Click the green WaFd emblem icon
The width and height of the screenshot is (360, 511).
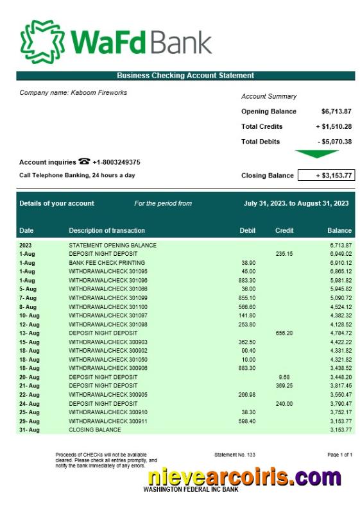(x=42, y=39)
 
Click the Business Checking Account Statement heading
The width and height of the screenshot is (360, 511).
(x=185, y=76)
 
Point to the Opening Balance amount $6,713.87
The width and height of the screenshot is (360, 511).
(x=336, y=112)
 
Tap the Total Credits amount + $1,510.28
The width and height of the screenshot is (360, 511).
(x=333, y=127)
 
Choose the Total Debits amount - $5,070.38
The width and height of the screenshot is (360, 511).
(x=334, y=142)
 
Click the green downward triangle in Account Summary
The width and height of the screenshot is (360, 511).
(x=316, y=154)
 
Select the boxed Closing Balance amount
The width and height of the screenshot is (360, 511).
(x=325, y=175)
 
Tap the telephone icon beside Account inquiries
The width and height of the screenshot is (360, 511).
(x=84, y=162)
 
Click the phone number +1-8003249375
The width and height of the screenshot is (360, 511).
(x=116, y=163)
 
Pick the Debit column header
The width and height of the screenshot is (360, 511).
(x=247, y=231)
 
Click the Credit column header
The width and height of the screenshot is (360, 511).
(x=284, y=231)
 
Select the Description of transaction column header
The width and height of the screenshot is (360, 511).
(x=107, y=231)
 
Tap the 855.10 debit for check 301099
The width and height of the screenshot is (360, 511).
(x=247, y=298)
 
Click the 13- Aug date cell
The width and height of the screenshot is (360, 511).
(x=30, y=333)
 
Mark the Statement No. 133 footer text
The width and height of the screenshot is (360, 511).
(x=235, y=455)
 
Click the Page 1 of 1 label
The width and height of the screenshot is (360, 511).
(x=339, y=455)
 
